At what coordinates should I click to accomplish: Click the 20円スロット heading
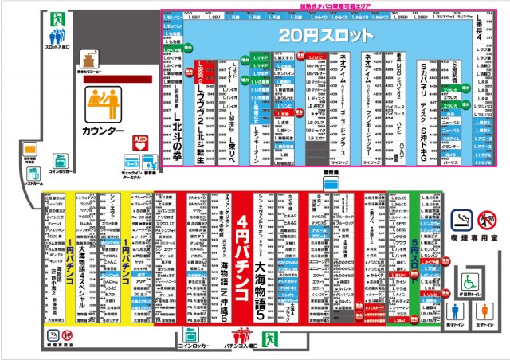click(325, 35)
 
